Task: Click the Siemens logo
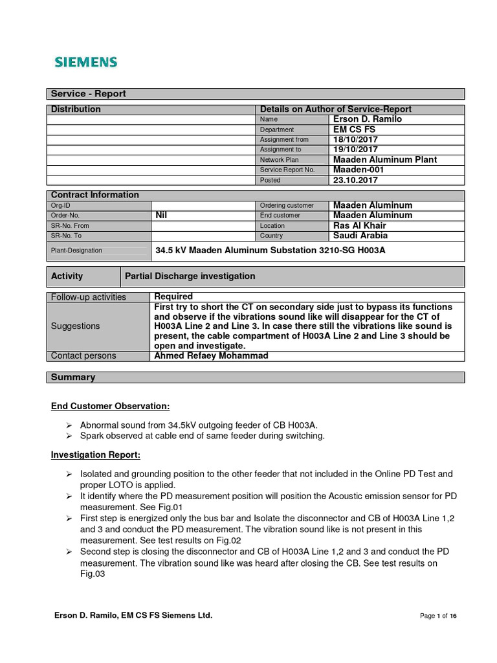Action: click(85, 62)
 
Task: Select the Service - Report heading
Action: click(89, 94)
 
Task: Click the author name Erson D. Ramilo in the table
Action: click(367, 119)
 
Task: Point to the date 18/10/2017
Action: click(355, 139)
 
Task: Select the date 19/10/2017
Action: click(355, 150)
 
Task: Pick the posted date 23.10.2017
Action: click(355, 180)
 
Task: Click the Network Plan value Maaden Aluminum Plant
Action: click(384, 159)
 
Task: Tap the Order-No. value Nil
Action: click(162, 215)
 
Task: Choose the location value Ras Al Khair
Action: click(360, 225)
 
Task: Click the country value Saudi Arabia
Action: click(360, 236)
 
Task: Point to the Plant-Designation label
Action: click(76, 251)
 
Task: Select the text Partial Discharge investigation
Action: click(190, 276)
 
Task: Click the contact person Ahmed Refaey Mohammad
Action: click(210, 356)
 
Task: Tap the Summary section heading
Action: click(73, 377)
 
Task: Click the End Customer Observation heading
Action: click(110, 407)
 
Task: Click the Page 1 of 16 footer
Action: click(438, 616)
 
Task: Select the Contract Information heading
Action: click(95, 195)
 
